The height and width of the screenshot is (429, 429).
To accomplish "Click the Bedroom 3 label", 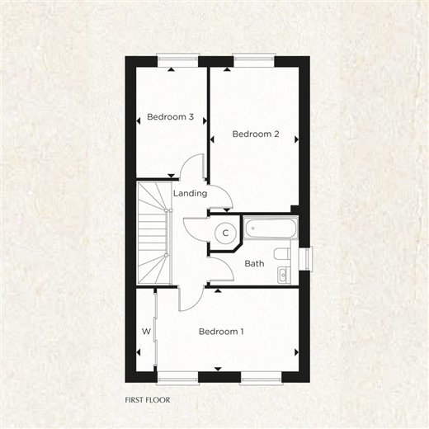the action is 170,117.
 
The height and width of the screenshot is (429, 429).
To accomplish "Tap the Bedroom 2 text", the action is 256,134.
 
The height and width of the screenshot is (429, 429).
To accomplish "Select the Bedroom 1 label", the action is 221,332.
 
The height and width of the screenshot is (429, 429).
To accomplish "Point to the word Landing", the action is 190,193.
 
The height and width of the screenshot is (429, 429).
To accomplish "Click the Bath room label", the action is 254,263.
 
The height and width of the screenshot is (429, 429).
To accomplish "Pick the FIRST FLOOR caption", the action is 148,399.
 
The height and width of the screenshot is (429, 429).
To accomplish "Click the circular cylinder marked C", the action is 225,233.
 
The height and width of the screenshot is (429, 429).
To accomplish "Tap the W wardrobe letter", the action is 146,332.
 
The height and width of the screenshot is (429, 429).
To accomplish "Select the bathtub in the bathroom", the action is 271,228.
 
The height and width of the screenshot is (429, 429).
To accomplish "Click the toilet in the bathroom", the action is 282,254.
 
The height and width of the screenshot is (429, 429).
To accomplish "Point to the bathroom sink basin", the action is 284,275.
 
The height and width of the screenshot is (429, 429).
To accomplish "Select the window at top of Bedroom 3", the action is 177,59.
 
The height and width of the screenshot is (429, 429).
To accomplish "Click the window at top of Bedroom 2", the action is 253,59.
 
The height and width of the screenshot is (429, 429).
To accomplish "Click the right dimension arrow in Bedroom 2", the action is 296,139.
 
